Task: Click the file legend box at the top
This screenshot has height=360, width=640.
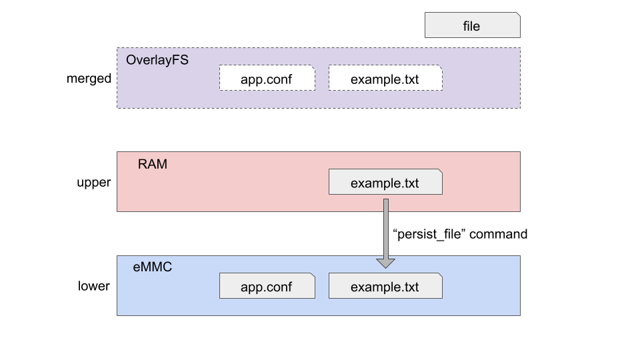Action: [x=472, y=26]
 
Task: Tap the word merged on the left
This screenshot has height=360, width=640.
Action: [x=89, y=79]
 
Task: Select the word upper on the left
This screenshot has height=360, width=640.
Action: [x=94, y=182]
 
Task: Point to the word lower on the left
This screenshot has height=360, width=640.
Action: [x=93, y=286]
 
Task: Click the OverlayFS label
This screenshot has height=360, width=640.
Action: [x=157, y=60]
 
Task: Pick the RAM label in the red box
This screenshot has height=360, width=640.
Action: [x=152, y=164]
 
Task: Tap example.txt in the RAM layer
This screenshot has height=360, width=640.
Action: [x=385, y=182]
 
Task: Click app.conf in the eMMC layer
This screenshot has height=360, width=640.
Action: [x=267, y=287]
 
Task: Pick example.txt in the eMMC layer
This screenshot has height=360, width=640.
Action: [x=385, y=287]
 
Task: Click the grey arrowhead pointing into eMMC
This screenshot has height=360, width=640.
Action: [x=385, y=263]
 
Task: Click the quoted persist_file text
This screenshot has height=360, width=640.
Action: [x=429, y=234]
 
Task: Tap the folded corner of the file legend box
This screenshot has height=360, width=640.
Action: [x=517, y=15]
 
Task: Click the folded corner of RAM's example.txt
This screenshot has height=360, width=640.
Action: [x=439, y=173]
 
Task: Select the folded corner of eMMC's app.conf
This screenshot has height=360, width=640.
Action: [x=311, y=277]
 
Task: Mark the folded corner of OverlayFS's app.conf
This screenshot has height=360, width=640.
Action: [x=311, y=69]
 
